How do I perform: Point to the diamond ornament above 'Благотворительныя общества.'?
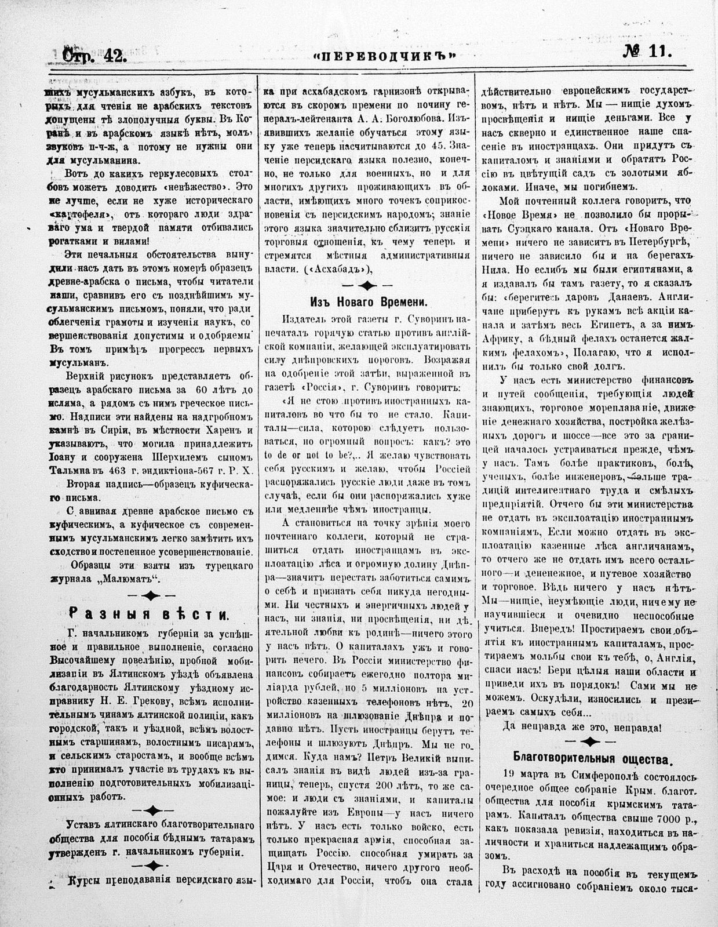click(590, 741)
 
